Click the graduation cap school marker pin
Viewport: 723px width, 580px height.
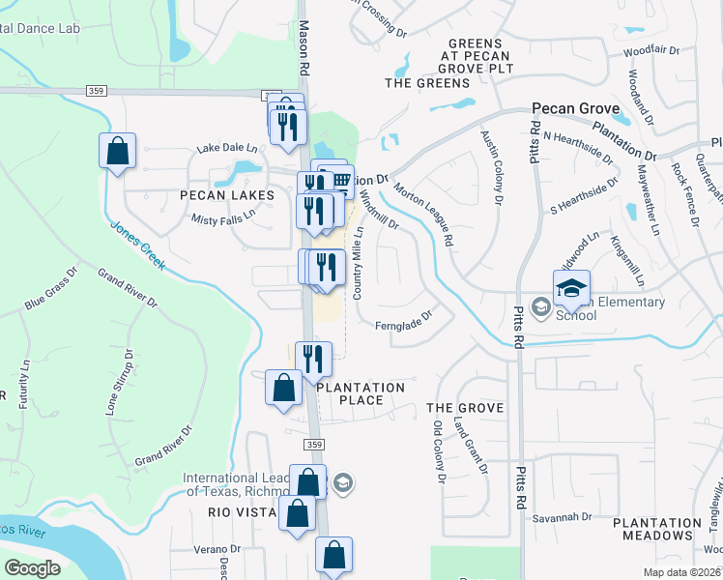pyautogui.click(x=571, y=287)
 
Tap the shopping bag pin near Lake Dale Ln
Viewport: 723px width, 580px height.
pyautogui.click(x=117, y=152)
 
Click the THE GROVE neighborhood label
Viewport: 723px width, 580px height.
pyautogui.click(x=465, y=409)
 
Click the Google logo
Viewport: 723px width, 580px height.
pyautogui.click(x=32, y=568)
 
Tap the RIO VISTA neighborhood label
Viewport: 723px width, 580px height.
pyautogui.click(x=224, y=513)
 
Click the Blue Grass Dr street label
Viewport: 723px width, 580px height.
pyautogui.click(x=48, y=289)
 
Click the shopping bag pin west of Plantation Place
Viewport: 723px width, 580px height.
pyautogui.click(x=282, y=389)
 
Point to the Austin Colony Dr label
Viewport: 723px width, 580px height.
pyautogui.click(x=489, y=167)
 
